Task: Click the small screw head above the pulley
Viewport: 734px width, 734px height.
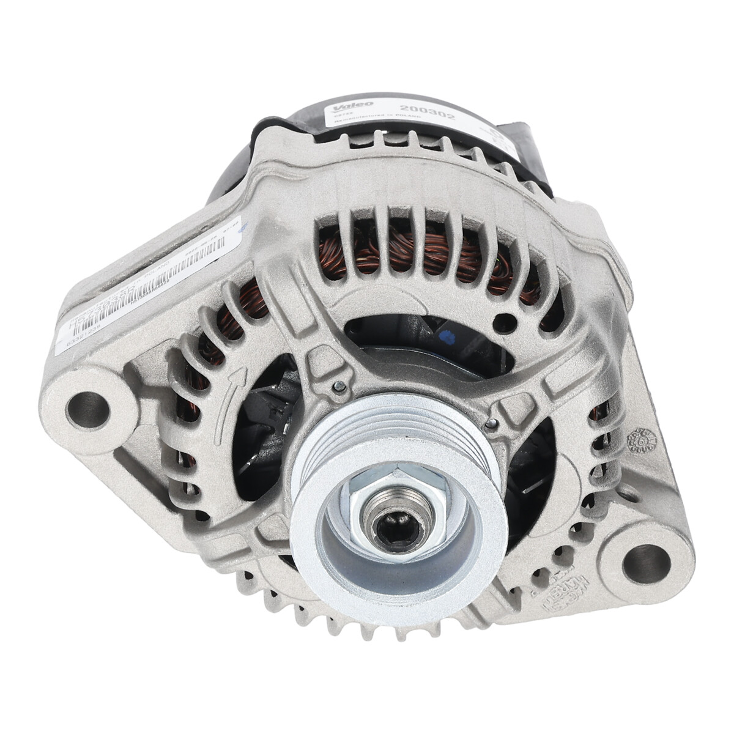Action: (337, 385)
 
